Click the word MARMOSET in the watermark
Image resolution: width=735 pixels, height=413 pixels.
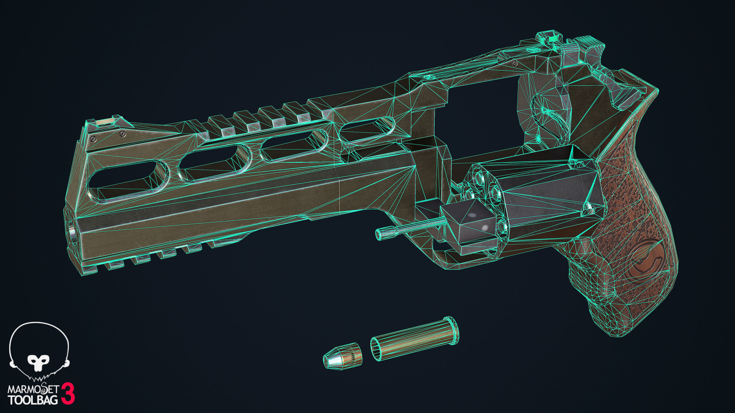click(33, 391)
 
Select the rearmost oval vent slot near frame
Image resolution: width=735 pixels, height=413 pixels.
click(366, 130)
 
